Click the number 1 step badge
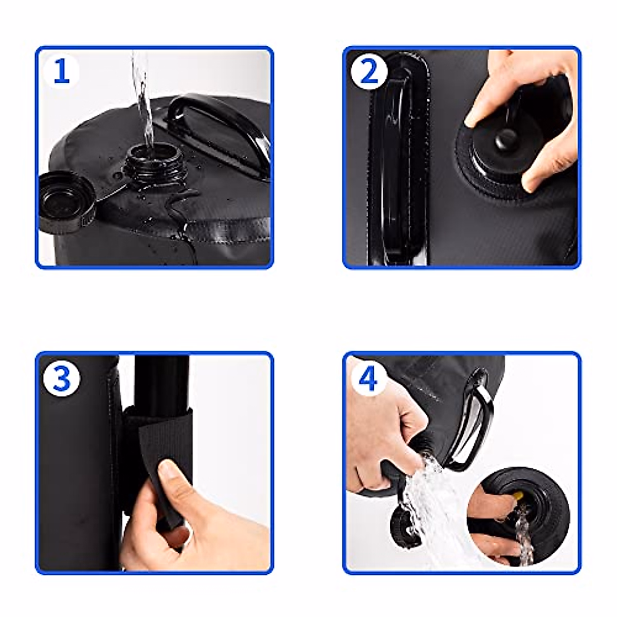tap(62, 71)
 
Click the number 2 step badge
tap(369, 71)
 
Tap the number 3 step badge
tap(62, 379)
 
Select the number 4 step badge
tap(368, 379)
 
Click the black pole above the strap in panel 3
tap(162, 380)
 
